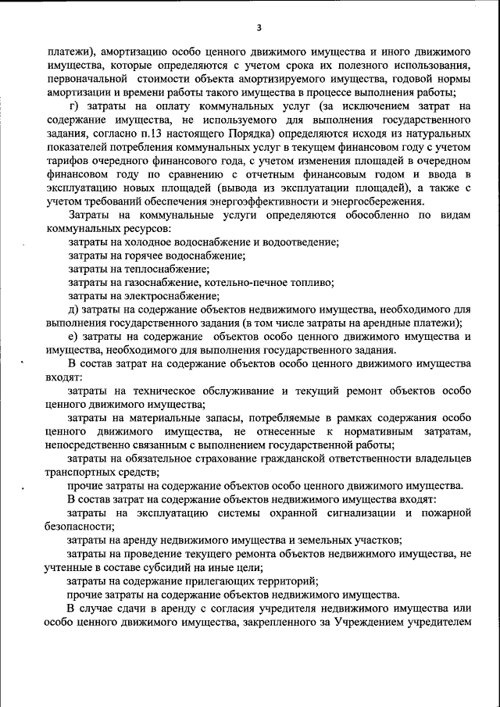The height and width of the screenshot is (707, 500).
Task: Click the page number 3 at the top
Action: (x=258, y=29)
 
